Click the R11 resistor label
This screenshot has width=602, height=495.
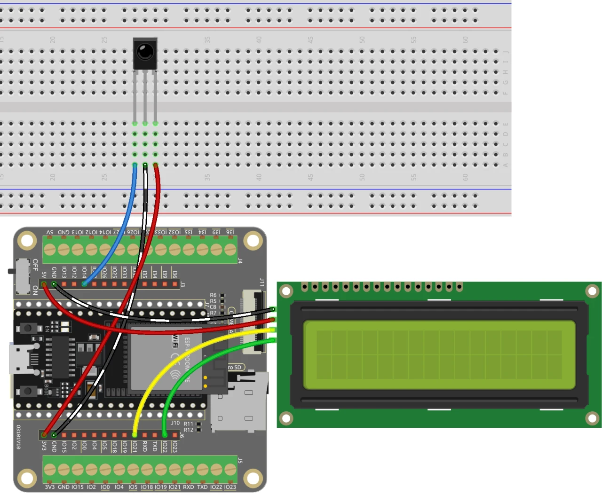[188, 424]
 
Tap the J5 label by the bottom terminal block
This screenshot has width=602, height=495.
[240, 460]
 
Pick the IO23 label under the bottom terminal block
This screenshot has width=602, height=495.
[230, 487]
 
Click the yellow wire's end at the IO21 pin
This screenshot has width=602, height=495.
[135, 434]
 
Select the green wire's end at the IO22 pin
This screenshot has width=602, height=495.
[165, 434]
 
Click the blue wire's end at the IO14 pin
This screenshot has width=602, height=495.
[84, 284]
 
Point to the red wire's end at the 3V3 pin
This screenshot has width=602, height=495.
[44, 434]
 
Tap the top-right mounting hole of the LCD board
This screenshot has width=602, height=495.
[592, 291]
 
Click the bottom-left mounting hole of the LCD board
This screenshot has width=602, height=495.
[286, 418]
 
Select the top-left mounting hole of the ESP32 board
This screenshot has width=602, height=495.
[27, 241]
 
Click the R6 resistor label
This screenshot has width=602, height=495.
[213, 295]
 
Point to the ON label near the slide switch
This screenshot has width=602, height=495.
[35, 290]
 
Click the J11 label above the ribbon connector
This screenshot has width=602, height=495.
[262, 282]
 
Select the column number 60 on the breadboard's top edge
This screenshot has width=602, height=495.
[465, 40]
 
